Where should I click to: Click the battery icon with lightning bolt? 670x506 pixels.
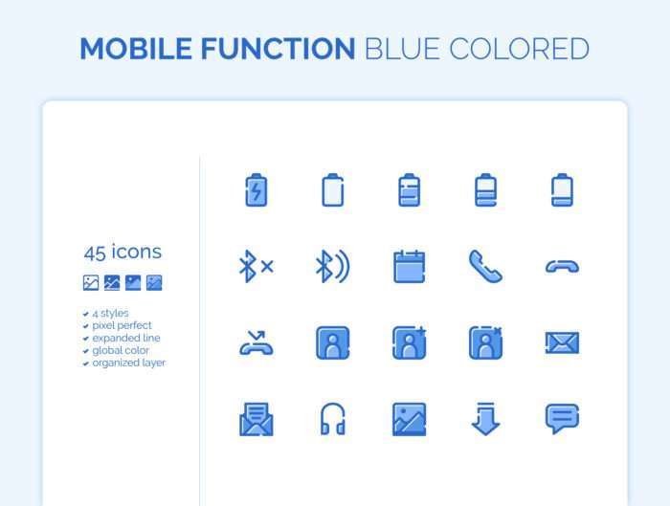[256, 190]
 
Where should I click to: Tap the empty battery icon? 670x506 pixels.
[333, 190]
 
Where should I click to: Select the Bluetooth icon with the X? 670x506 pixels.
[256, 267]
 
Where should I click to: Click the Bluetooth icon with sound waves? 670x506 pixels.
[333, 267]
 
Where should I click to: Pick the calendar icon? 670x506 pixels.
[410, 267]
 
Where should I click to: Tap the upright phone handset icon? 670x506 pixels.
[485, 267]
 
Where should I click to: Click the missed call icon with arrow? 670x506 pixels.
[257, 343]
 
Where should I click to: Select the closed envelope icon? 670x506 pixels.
[563, 342]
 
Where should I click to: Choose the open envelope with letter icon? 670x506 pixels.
[257, 419]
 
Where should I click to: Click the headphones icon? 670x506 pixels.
[333, 419]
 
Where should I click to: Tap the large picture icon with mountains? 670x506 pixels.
[410, 419]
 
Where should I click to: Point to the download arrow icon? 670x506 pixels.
[485, 418]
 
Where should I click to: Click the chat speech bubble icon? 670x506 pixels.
[563, 418]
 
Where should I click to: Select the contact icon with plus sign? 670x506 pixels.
[410, 342]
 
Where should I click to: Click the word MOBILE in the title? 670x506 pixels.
[136, 49]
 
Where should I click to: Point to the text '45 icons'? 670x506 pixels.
[123, 252]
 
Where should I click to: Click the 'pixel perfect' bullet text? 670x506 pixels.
[122, 325]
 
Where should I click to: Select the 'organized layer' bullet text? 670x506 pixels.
[128, 363]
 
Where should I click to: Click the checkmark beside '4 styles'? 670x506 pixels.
[85, 314]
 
